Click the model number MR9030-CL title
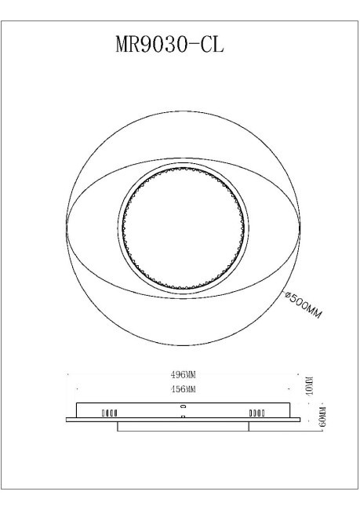point(169,45)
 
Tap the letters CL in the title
point(211,45)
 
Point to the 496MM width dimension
point(183,375)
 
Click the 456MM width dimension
point(183,389)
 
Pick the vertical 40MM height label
point(310,386)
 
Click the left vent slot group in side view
point(108,411)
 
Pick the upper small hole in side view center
point(184,407)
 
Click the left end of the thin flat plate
point(67,420)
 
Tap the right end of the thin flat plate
point(299,420)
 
